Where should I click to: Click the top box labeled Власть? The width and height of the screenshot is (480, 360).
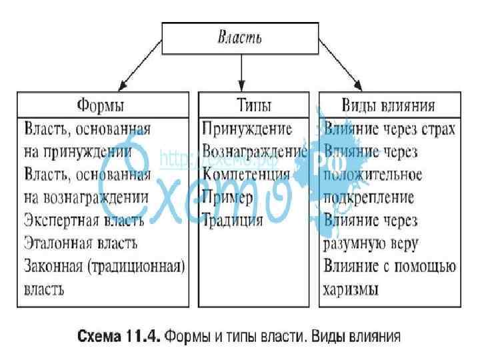[x=241, y=37]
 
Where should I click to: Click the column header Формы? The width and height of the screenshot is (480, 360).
[x=101, y=105]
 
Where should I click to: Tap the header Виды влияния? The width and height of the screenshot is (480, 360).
[x=389, y=105]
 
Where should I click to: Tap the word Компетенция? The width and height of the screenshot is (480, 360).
[x=246, y=175]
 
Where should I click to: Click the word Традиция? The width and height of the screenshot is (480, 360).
[x=233, y=220]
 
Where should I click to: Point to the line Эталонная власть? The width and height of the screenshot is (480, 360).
[x=81, y=243]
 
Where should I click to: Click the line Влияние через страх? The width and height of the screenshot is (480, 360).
[x=390, y=128]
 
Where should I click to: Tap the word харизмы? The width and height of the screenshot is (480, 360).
[x=351, y=289]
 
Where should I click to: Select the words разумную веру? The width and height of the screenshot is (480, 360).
[x=371, y=243]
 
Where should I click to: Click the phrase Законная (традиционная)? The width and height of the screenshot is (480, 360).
[x=104, y=266]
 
